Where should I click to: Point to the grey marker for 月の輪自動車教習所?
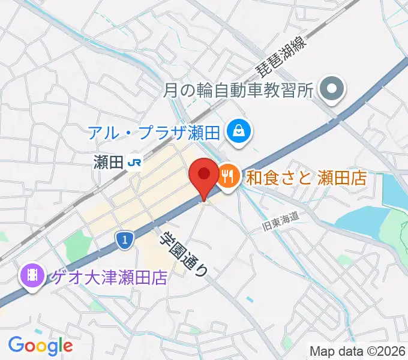330,91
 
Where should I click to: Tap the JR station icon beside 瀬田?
136,162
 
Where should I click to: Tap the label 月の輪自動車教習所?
238,91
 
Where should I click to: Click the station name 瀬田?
109,162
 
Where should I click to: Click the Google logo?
40,345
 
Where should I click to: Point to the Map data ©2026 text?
358,351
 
